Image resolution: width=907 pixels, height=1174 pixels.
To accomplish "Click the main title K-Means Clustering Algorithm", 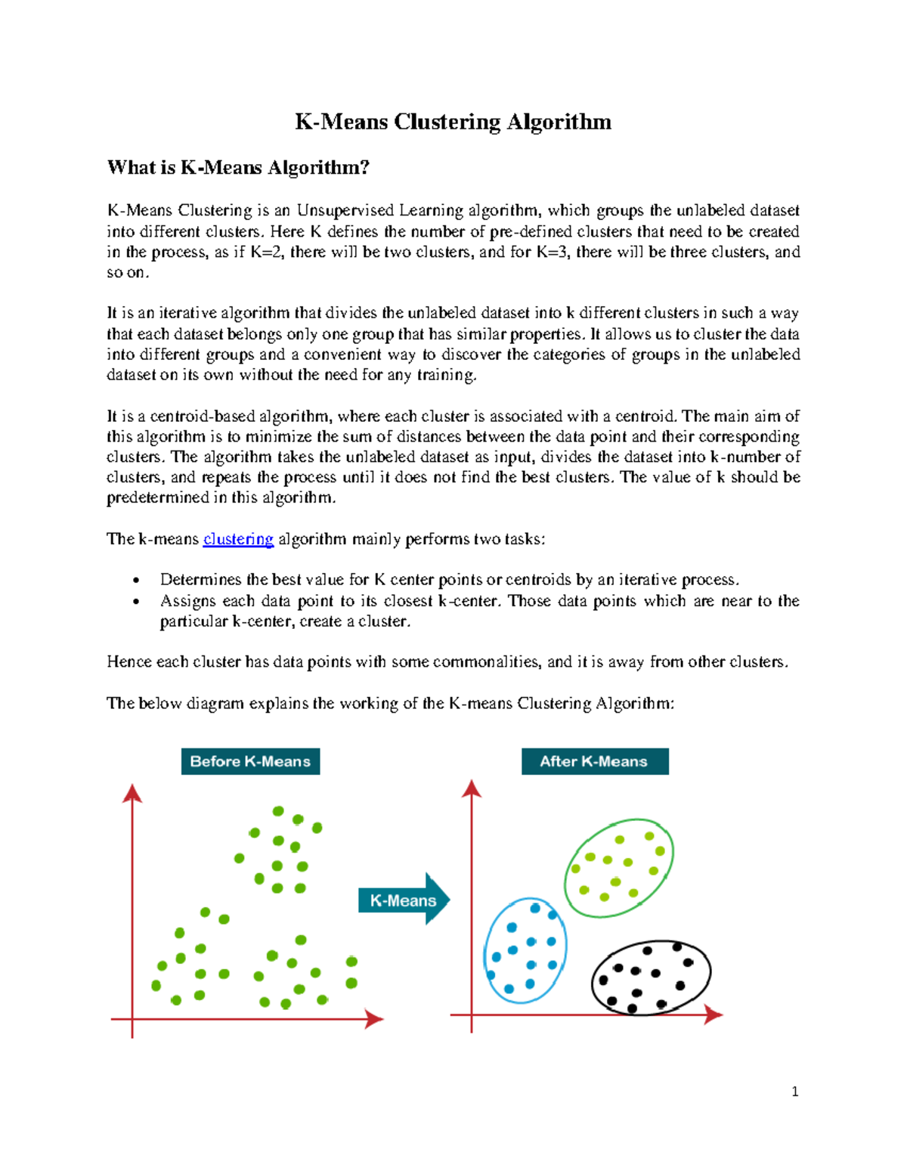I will (453, 122).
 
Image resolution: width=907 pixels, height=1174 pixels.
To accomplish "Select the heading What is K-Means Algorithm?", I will (238, 167).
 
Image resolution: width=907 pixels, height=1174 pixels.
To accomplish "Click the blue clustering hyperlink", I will (238, 539).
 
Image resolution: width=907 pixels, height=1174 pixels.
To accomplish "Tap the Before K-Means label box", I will (250, 761).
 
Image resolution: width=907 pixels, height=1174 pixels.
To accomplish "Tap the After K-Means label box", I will (594, 761).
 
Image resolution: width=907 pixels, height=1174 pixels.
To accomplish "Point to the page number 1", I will (794, 1091).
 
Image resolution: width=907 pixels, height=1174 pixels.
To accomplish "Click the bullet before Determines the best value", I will (136, 581).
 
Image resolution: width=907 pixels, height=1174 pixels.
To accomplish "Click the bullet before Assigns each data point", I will (136, 602).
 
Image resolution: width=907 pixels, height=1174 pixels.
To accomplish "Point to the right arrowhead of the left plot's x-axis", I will (375, 1019).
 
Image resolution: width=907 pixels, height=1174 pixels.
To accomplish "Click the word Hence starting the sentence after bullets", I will (128, 662).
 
